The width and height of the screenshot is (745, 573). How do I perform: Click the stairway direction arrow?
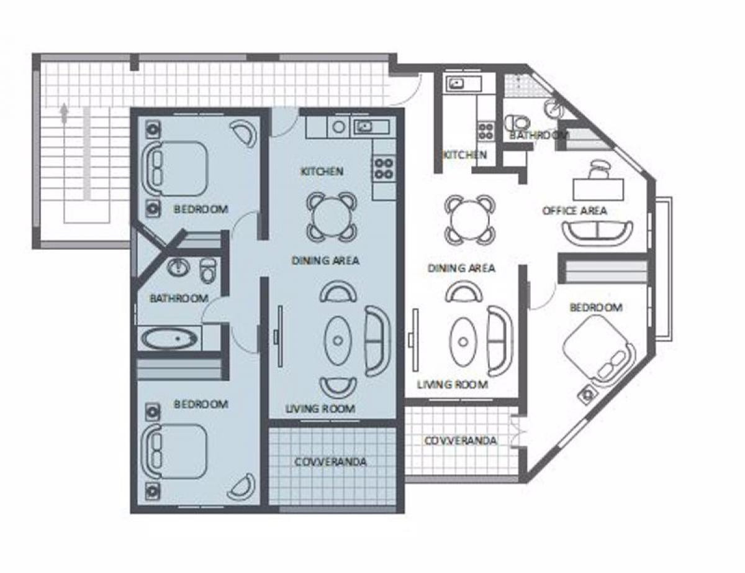(63, 113)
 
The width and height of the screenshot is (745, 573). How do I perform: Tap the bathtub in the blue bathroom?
(169, 339)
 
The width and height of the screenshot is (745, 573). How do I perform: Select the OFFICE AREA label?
(574, 210)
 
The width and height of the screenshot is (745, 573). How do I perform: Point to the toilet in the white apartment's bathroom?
(518, 123)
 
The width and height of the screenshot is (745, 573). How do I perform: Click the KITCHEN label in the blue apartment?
(322, 171)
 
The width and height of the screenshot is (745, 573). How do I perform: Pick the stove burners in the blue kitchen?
(383, 168)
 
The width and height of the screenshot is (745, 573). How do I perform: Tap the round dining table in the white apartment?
(470, 219)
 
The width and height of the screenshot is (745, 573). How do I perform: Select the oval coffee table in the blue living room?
(338, 341)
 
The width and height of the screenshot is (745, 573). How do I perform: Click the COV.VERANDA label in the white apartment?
(461, 440)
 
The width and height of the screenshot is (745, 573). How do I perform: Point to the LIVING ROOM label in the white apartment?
(452, 385)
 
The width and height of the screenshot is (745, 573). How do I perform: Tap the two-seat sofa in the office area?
(597, 233)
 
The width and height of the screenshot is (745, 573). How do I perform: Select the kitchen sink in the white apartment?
(457, 83)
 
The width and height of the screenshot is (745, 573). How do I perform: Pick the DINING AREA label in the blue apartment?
(325, 261)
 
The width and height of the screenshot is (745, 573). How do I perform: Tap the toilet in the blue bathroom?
(208, 270)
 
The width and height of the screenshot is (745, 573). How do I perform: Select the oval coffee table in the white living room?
(463, 342)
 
